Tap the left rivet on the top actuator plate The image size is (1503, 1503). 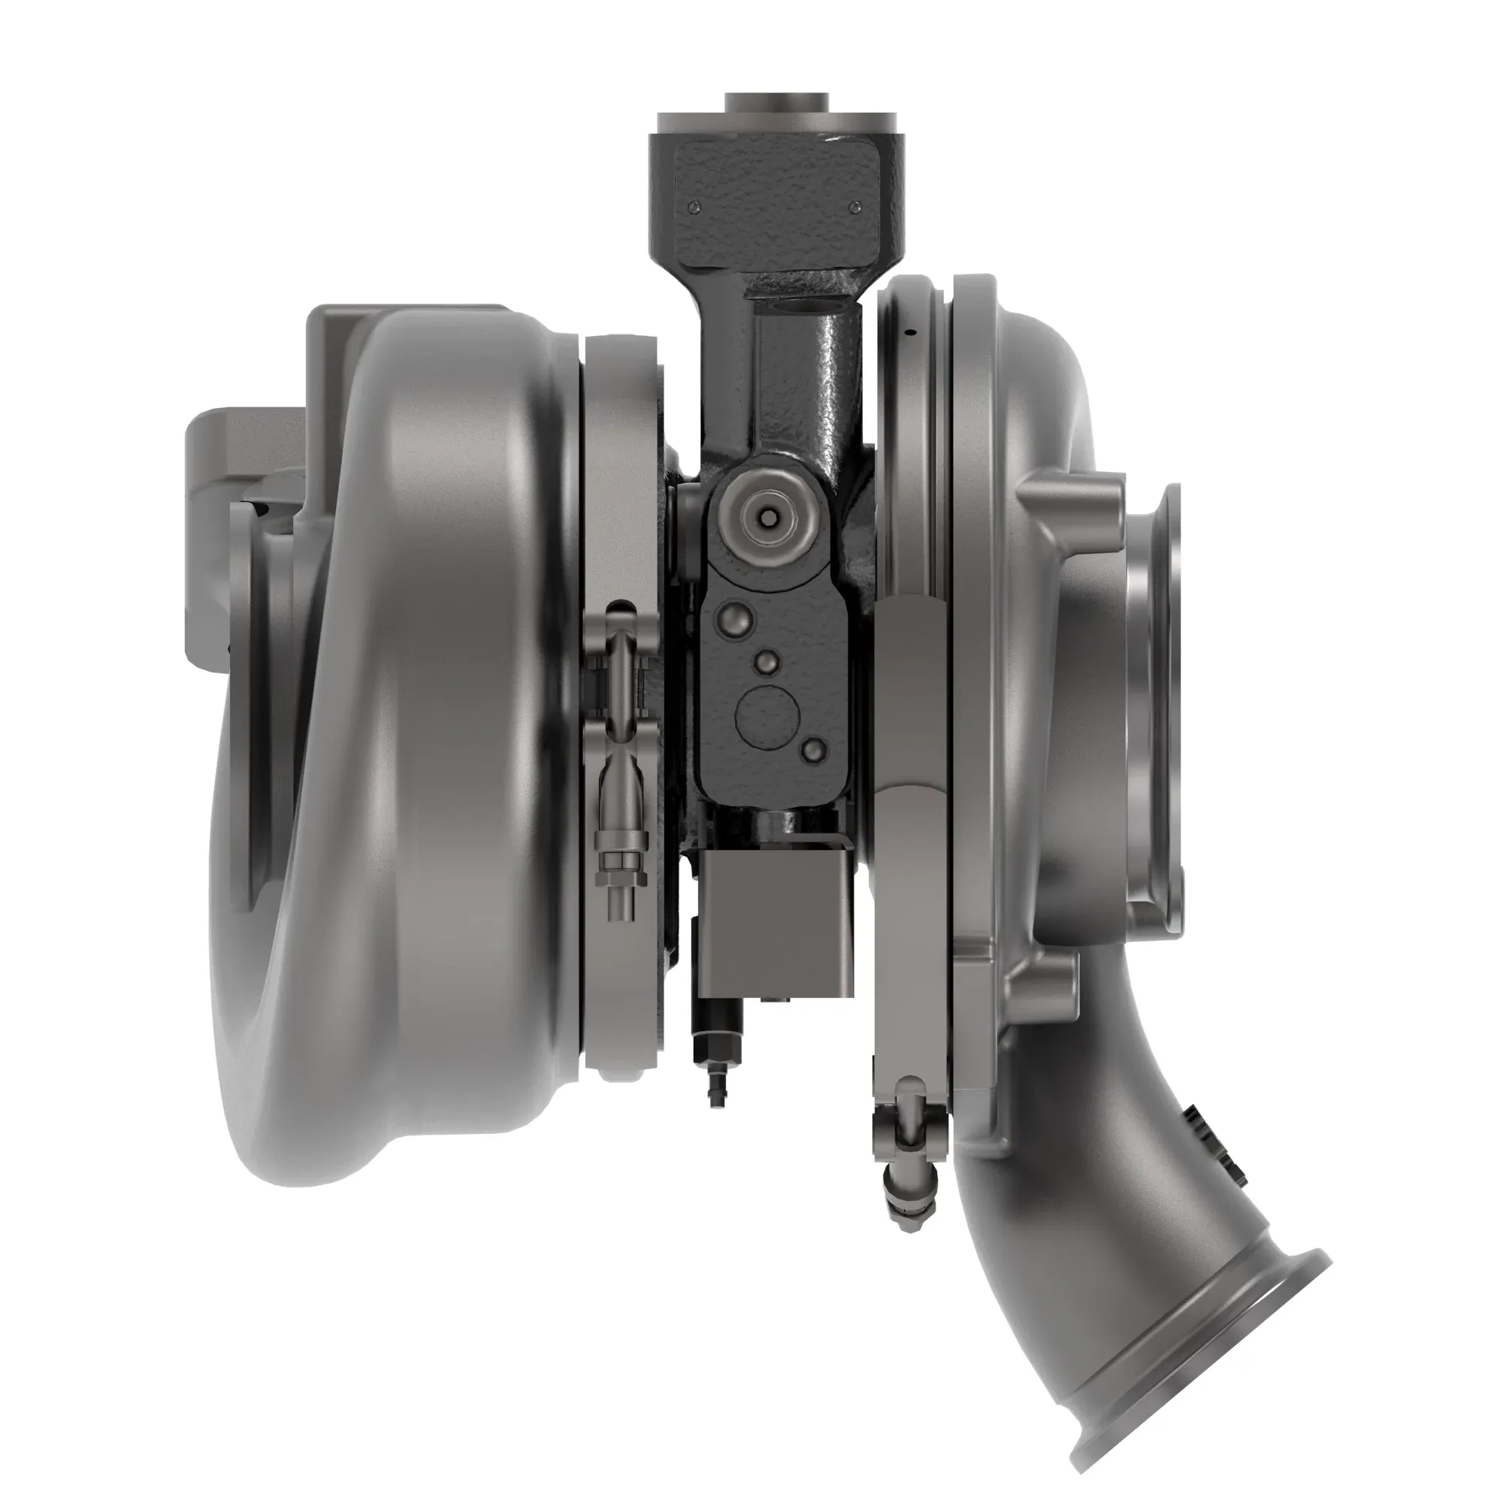tap(695, 207)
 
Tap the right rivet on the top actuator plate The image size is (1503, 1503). tap(856, 207)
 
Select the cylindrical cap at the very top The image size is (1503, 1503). tap(776, 103)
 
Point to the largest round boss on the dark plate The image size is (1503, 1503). tap(736, 620)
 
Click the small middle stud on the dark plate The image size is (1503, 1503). tap(767, 661)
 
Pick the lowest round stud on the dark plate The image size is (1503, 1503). tap(814, 749)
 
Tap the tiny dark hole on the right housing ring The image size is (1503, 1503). tap(913, 333)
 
